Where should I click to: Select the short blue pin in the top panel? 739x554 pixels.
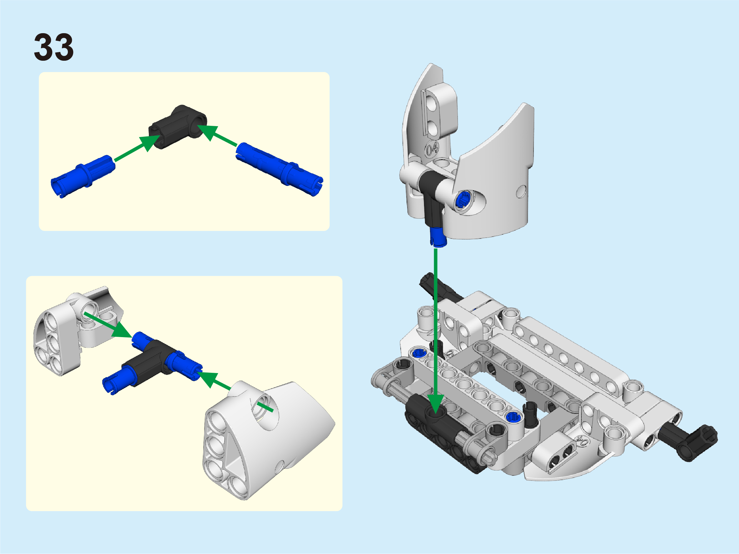(83, 176)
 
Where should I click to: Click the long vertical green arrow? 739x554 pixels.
(436, 331)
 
